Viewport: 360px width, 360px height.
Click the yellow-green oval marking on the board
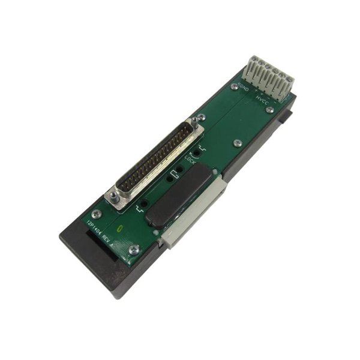point(122,227)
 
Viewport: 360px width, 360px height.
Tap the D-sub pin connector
point(158,161)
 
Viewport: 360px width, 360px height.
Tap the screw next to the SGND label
point(233,87)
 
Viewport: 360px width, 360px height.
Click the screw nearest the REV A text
point(134,249)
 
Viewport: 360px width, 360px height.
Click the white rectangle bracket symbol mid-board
point(175,175)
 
